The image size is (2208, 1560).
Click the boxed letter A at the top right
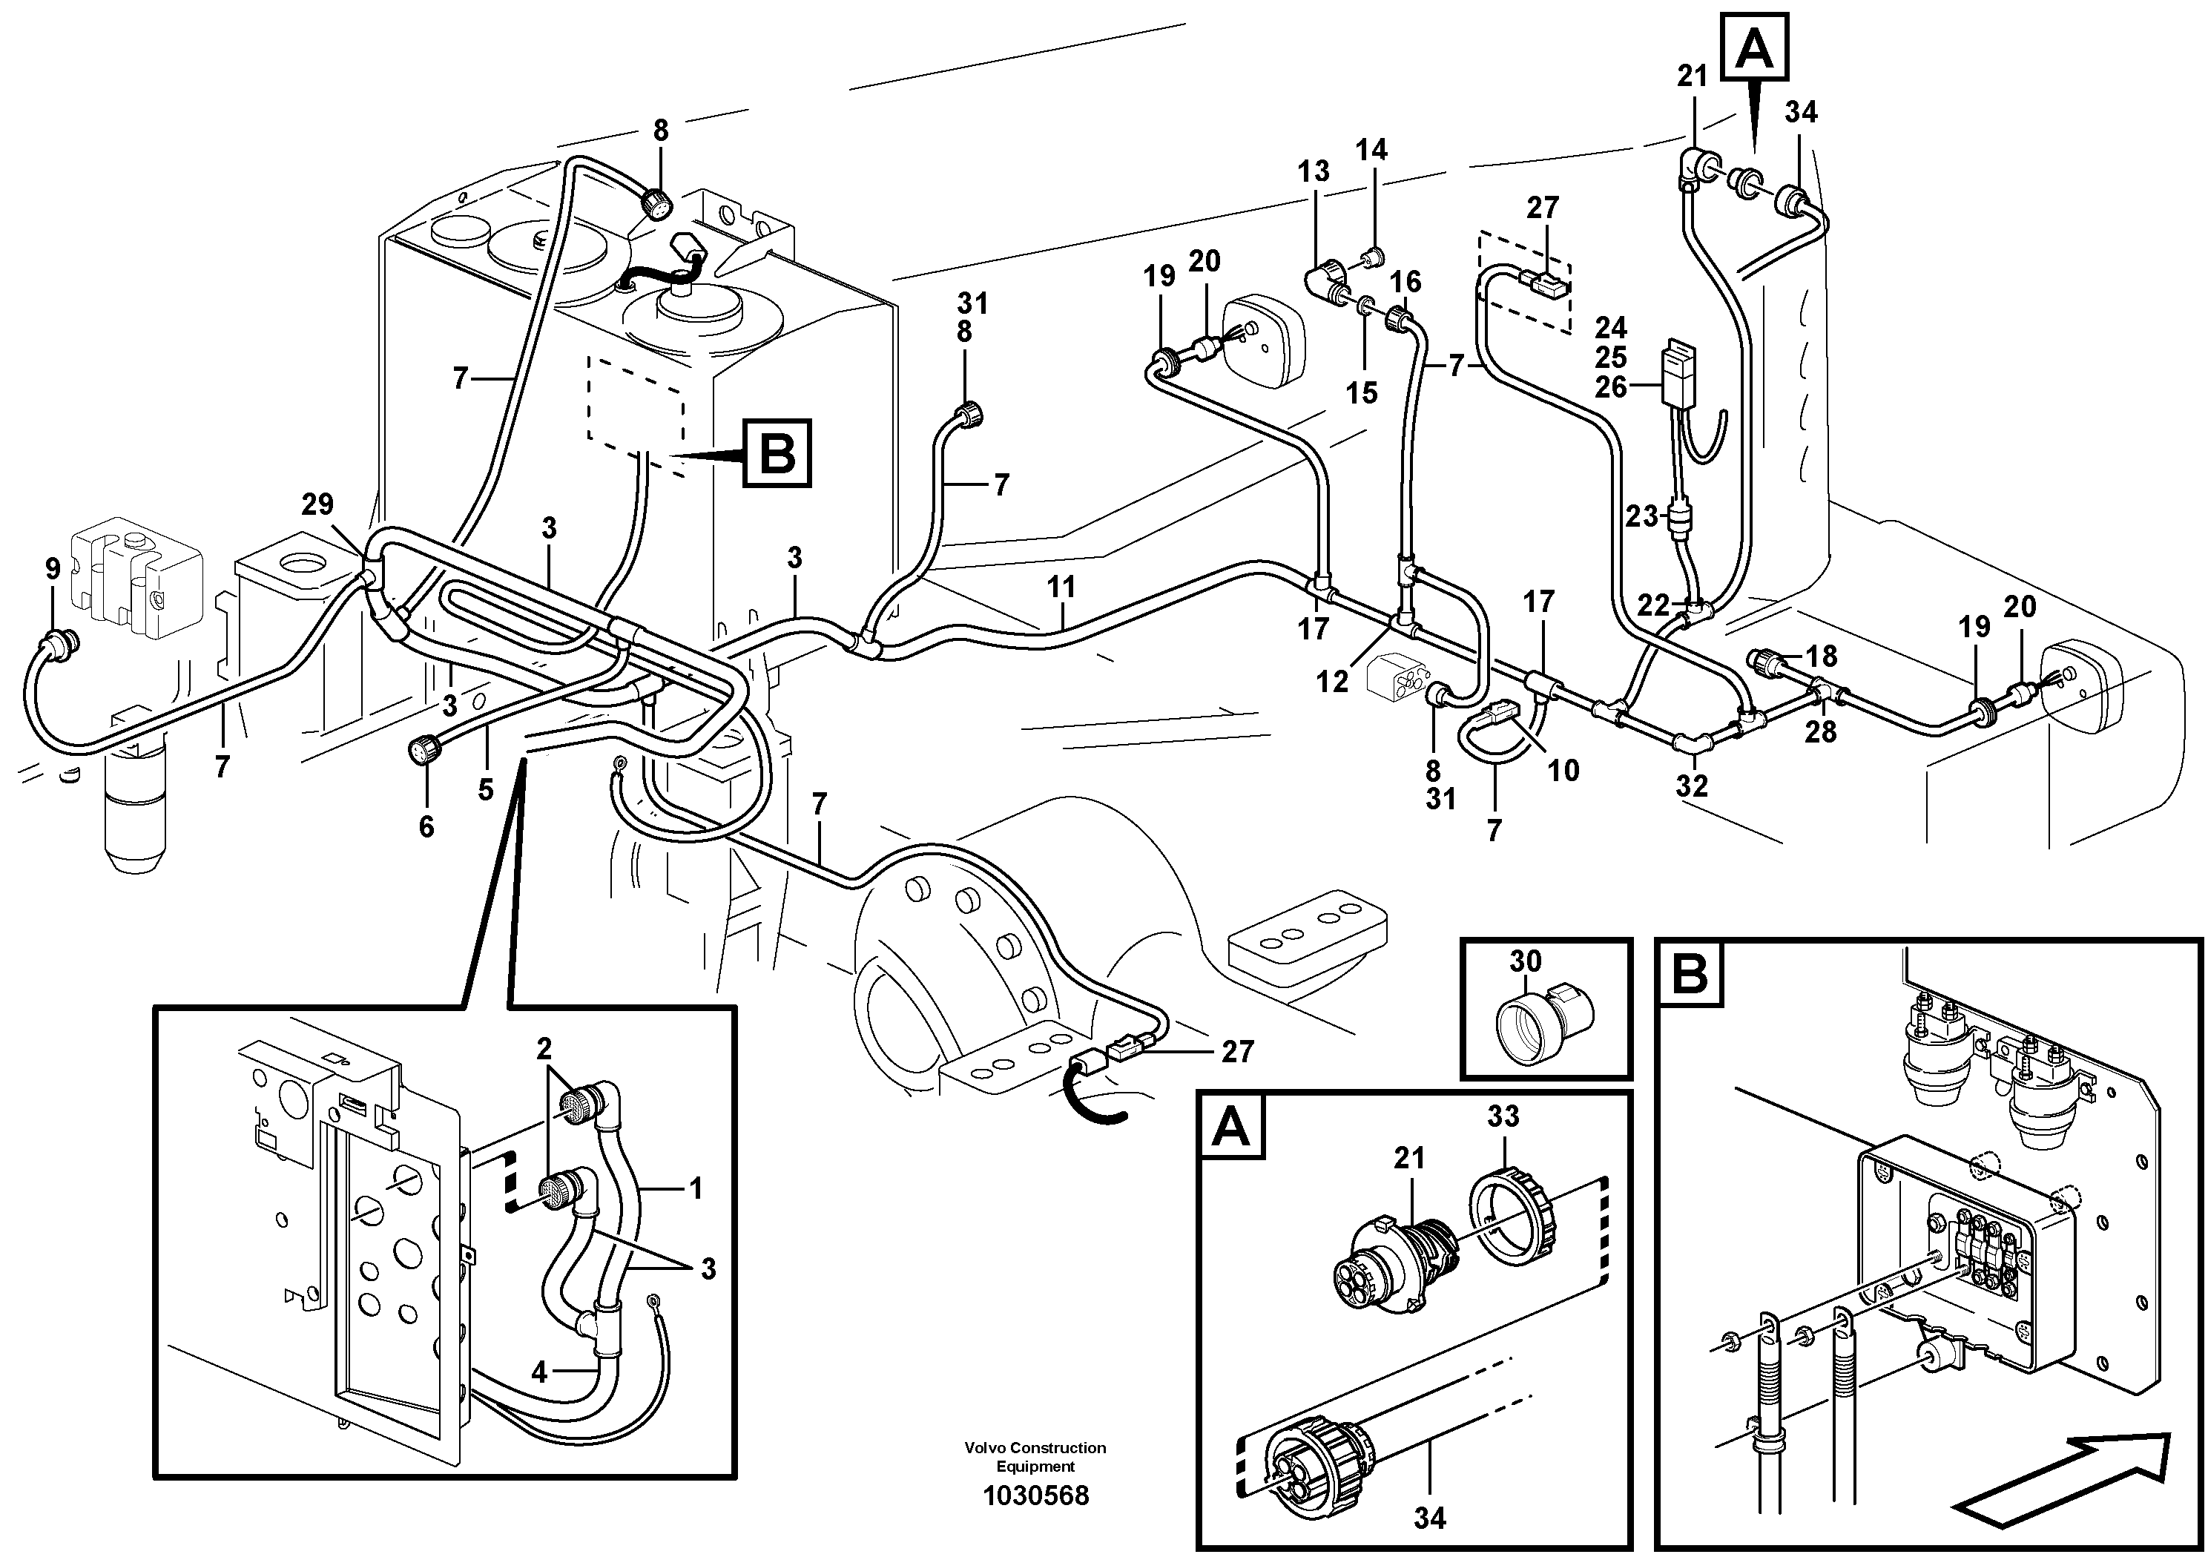1756,48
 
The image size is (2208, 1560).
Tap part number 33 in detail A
1503,1116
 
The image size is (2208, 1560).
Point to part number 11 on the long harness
1061,587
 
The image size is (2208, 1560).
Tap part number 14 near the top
1372,149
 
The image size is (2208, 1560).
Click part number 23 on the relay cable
1641,516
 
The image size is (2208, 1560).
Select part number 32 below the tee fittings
1693,786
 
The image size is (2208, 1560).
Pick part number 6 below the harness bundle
426,826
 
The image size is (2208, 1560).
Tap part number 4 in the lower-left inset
538,1372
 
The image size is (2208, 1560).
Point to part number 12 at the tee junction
1332,682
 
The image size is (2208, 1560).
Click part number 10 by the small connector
1563,771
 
